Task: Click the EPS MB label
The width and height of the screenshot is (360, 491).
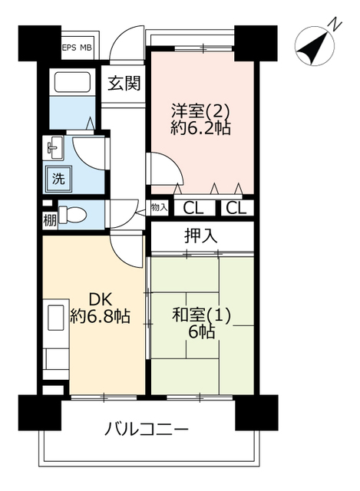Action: [x=77, y=48]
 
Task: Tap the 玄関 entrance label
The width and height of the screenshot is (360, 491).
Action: [x=124, y=84]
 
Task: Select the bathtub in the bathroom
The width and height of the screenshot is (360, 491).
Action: [x=73, y=82]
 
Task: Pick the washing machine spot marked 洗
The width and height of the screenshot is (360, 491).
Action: [x=58, y=179]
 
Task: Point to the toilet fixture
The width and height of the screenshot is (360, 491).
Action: [x=72, y=215]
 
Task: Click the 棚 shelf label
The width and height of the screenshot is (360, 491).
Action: [x=50, y=221]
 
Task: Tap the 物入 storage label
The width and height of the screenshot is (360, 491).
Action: [x=159, y=207]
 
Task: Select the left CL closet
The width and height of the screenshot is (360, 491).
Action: [x=193, y=208]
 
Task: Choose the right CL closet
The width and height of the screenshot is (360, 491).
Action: [x=236, y=208]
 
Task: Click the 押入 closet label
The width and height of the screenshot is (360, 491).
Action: [x=201, y=236]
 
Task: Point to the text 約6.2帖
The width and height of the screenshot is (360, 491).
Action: [x=200, y=127]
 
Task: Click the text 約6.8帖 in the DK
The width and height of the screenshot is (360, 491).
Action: [x=100, y=316]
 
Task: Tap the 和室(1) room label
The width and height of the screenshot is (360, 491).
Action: [x=202, y=315]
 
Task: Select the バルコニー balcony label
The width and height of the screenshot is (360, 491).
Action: [x=147, y=429]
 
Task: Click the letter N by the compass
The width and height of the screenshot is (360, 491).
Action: [x=336, y=25]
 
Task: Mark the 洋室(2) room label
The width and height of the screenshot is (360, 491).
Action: [x=200, y=110]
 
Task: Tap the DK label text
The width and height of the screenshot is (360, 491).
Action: [x=101, y=300]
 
